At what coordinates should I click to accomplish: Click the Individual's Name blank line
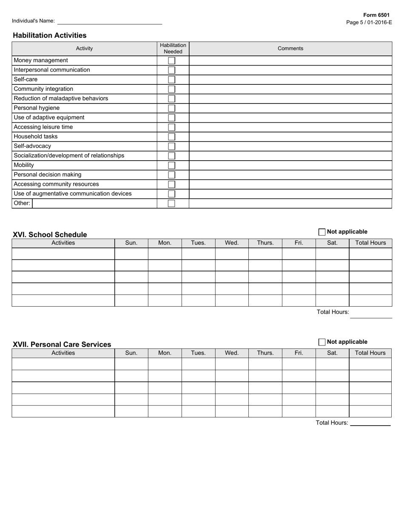point(110,21)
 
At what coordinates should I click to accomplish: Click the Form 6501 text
point(376,15)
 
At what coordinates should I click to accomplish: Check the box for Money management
point(171,60)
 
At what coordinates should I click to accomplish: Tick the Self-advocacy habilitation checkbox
point(171,146)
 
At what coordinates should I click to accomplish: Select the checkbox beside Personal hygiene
point(171,108)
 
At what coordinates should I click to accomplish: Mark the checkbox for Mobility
point(171,165)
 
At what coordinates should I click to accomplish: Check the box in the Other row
point(171,203)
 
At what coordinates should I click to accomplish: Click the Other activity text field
point(94,203)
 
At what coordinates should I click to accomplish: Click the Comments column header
point(290,49)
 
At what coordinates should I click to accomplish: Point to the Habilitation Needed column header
point(173,49)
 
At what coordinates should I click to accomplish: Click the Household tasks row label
point(36,137)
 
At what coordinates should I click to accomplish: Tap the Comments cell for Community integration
point(290,89)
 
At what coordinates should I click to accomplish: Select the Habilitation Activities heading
point(49,35)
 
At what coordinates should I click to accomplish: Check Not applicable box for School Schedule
point(322,232)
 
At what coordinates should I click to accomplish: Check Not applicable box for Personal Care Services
point(322,342)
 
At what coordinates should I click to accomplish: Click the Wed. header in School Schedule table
point(232,243)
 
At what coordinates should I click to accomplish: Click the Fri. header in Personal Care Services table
point(299,353)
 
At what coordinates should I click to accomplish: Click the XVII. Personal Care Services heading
point(62,344)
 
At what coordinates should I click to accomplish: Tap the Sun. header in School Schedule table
point(131,243)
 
